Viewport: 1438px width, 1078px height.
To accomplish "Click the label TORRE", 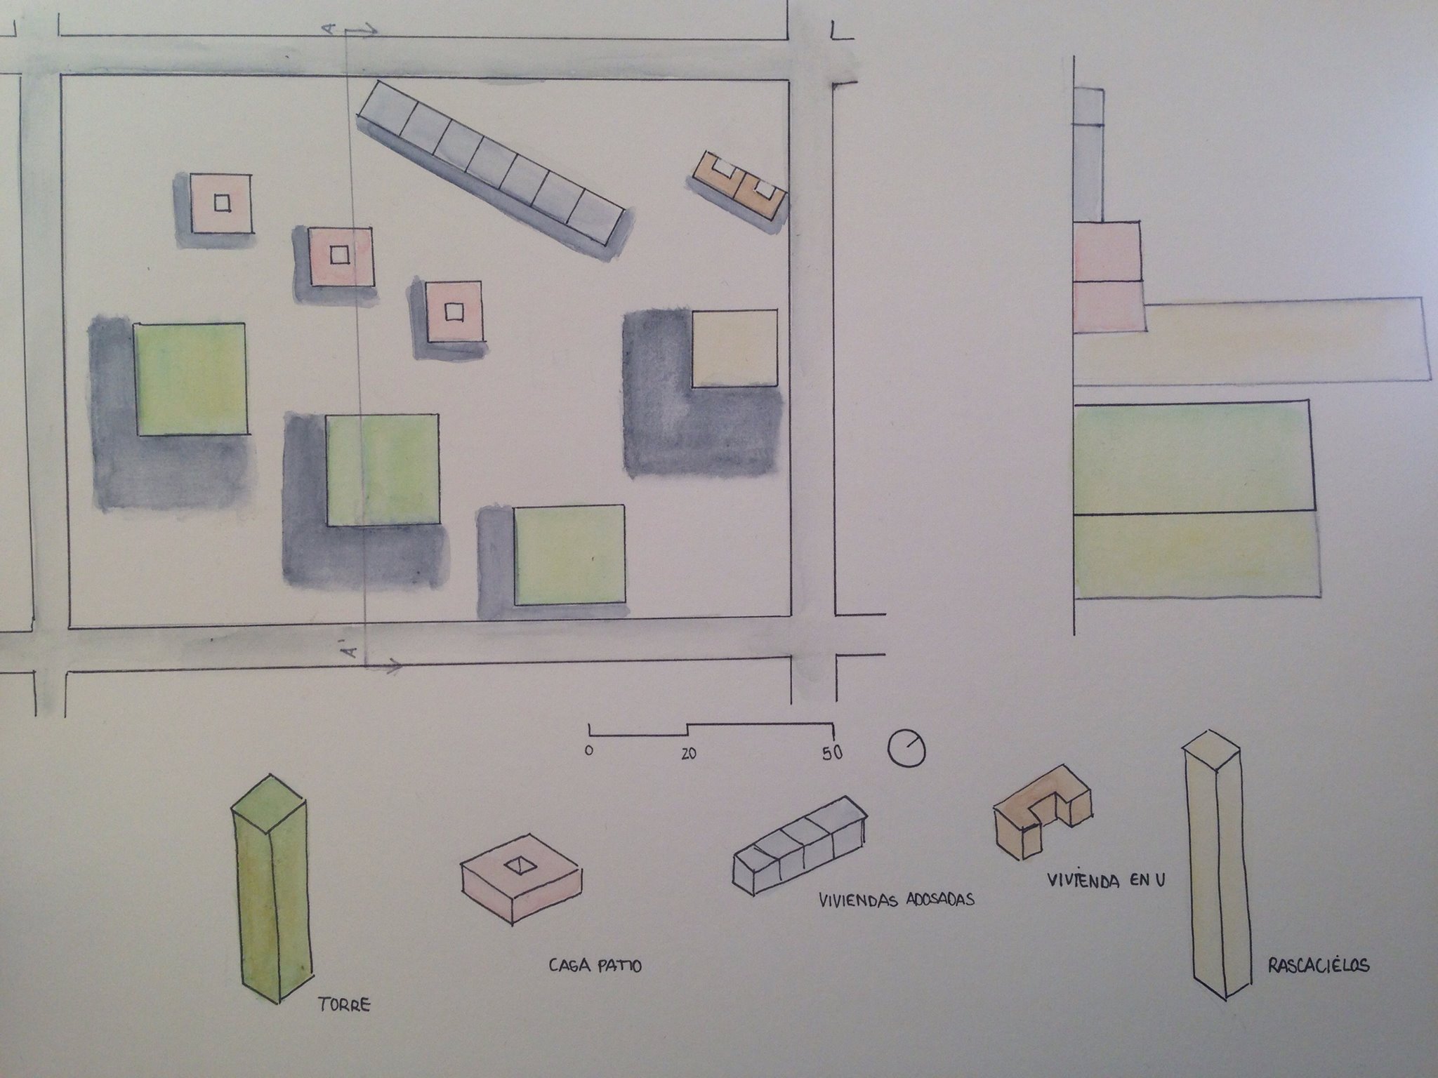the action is [344, 1006].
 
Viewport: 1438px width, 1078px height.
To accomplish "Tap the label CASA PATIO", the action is [595, 966].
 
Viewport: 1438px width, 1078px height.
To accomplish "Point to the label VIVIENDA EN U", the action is [1105, 880].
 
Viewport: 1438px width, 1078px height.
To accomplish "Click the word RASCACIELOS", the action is [1319, 965].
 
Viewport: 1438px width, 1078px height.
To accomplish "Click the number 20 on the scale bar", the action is [688, 754].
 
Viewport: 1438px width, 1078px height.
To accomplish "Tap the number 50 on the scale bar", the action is [831, 753].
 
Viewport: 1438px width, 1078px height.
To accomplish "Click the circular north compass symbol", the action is [906, 747].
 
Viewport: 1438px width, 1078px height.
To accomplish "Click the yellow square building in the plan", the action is [735, 348].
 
